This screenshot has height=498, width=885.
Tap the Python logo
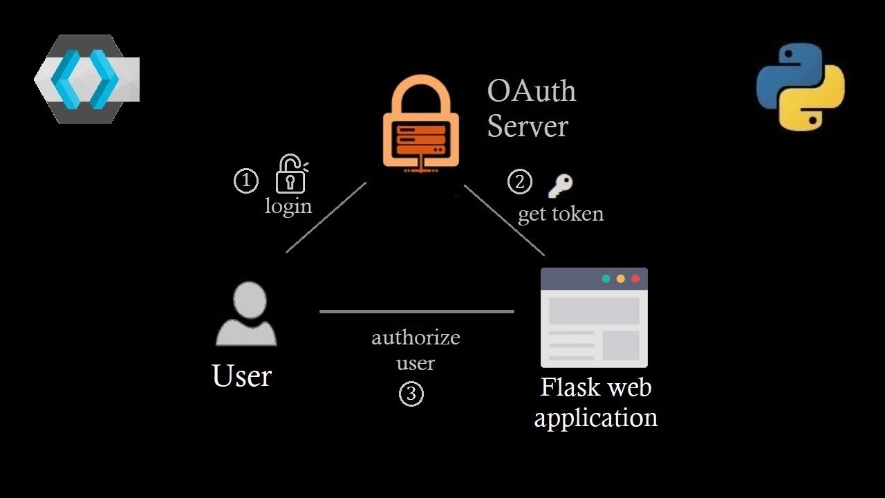tap(800, 86)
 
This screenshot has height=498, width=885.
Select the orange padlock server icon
tap(421, 122)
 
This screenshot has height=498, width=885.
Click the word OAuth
tap(531, 91)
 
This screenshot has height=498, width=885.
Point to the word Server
tap(527, 127)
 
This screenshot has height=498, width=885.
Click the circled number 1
tap(246, 181)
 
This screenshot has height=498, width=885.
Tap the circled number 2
tap(520, 182)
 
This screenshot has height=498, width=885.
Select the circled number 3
tap(411, 394)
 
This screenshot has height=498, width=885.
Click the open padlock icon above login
tap(291, 174)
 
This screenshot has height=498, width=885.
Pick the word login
tap(288, 206)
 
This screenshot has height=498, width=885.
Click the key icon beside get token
tap(560, 185)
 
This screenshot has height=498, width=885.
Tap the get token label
tap(561, 214)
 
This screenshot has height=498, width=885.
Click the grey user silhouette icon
tap(246, 314)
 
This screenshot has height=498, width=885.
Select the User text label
tap(241, 376)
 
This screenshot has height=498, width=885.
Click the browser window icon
tap(594, 317)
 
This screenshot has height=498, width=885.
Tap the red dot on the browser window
tap(635, 279)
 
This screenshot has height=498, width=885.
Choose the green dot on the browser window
tap(606, 279)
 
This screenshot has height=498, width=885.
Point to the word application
tap(595, 418)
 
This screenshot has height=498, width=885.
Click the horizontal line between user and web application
tap(416, 312)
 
